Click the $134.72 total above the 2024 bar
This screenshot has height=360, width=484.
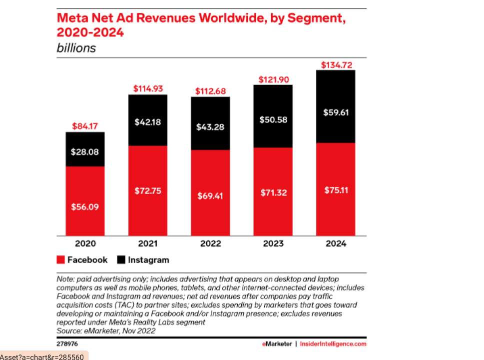pyautogui.click(x=336, y=65)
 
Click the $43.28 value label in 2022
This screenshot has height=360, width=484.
pyautogui.click(x=210, y=127)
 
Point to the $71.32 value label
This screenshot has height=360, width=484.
pyautogui.click(x=273, y=192)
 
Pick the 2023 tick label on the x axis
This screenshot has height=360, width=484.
pyautogui.click(x=273, y=244)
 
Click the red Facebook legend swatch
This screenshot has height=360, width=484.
pyautogui.click(x=61, y=260)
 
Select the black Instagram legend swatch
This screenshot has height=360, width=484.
pyautogui.click(x=121, y=260)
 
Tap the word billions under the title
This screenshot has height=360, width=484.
pyautogui.click(x=76, y=48)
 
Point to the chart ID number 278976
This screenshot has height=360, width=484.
pyautogui.click(x=67, y=344)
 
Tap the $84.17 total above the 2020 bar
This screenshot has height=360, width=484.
pyautogui.click(x=85, y=126)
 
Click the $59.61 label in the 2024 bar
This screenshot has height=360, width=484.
pyautogui.click(x=336, y=112)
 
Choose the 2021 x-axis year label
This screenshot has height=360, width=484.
pyautogui.click(x=147, y=244)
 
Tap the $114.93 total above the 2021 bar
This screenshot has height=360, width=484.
pyautogui.click(x=147, y=88)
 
